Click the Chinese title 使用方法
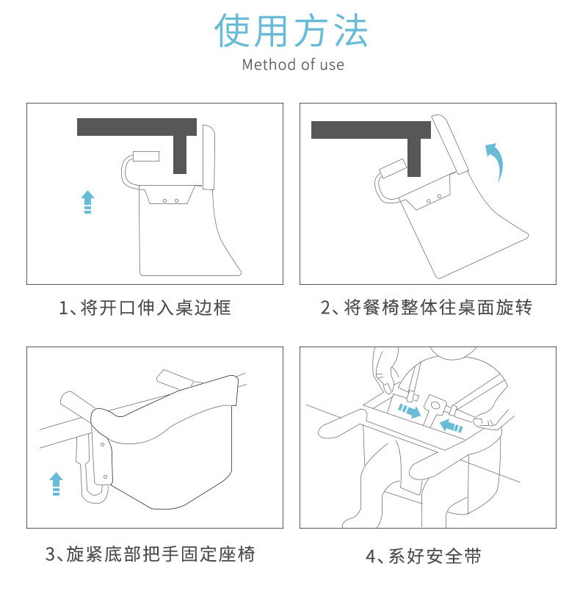(291, 31)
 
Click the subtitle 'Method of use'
(293, 65)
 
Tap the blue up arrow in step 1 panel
(87, 202)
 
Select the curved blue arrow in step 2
(496, 162)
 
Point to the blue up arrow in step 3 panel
(56, 483)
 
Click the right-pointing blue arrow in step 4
(409, 410)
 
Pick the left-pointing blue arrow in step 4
(451, 426)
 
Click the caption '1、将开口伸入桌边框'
(145, 308)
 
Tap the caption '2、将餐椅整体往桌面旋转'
(426, 308)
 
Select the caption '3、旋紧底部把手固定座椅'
(150, 554)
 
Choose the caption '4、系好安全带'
(424, 556)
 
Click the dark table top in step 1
(137, 127)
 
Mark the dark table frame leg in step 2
(414, 157)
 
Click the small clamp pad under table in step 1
(146, 156)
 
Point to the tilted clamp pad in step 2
(393, 168)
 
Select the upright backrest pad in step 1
(209, 157)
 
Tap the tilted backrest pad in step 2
(450, 144)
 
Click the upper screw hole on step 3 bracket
(103, 445)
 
